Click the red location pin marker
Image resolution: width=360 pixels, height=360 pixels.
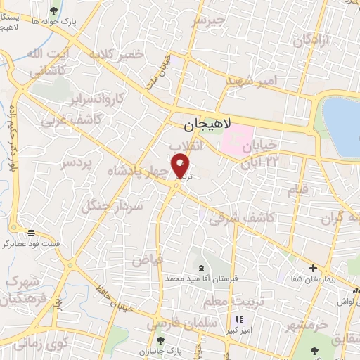[181, 166]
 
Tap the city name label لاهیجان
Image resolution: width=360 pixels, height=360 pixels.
[202, 125]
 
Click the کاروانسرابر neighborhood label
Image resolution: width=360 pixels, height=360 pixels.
[100, 96]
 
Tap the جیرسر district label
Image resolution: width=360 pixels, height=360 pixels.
[210, 21]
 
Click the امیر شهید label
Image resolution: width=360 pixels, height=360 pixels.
[252, 81]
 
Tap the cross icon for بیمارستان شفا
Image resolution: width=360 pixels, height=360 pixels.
[314, 268]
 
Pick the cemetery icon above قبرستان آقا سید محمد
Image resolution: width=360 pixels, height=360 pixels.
[202, 268]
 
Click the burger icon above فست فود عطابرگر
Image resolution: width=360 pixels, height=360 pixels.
[31, 233]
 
